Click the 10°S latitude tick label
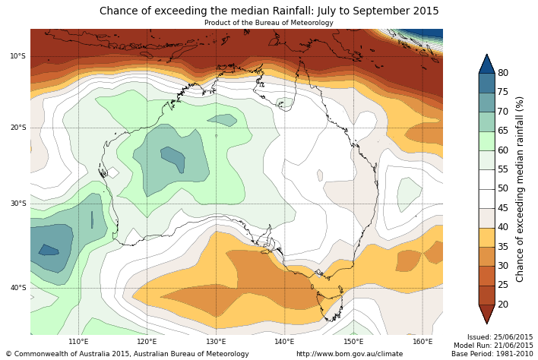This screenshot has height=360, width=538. [x=17, y=56]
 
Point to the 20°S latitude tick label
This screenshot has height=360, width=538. [x=17, y=128]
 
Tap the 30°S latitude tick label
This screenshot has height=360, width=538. [x=17, y=204]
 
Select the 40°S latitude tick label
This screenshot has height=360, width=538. [x=17, y=288]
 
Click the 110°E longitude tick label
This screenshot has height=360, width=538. [x=78, y=342]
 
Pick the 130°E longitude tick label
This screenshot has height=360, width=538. [x=216, y=342]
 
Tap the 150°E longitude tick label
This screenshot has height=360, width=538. [x=353, y=342]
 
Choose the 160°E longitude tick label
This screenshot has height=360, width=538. [x=422, y=342]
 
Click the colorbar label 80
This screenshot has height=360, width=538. [x=503, y=73]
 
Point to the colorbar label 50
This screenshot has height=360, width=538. [x=503, y=188]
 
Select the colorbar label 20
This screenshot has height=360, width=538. [x=503, y=305]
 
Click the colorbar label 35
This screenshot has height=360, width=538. [x=503, y=247]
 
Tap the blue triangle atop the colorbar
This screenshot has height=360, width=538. [x=486, y=64]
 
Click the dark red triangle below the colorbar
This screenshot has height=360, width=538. [x=486, y=314]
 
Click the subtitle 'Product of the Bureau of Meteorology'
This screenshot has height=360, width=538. [x=269, y=23]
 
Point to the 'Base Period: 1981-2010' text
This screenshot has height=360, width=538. [x=492, y=354]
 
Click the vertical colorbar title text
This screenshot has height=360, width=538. [x=521, y=188]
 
